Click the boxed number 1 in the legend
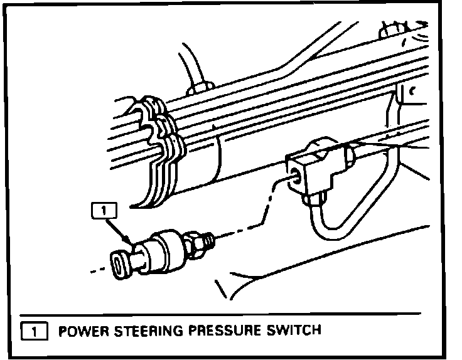pyautogui.click(x=35, y=330)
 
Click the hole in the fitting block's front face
pyautogui.click(x=294, y=178)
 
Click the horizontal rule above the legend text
pyautogui.click(x=220, y=312)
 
